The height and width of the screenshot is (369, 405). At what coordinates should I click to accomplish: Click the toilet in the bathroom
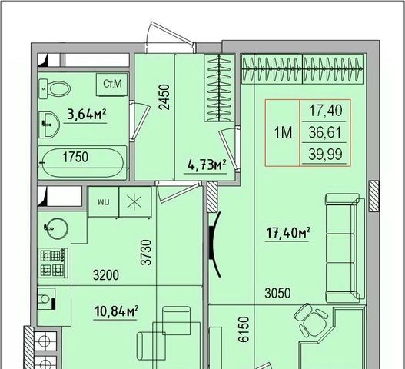tap(55, 88)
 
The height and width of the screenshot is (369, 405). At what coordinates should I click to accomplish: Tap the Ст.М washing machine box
tap(112, 85)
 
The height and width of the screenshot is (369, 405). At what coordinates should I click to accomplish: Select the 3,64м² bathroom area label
tap(87, 115)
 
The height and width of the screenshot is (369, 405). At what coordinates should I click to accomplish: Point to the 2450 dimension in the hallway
tap(164, 97)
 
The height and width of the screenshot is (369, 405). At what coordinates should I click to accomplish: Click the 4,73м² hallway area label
tap(207, 165)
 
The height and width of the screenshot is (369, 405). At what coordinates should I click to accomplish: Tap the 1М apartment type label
tap(283, 132)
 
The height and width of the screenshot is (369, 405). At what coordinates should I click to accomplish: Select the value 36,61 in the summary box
tap(325, 132)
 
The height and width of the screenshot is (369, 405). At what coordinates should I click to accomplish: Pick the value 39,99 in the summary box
tap(325, 154)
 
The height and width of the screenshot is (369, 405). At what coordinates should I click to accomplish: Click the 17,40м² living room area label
tap(288, 233)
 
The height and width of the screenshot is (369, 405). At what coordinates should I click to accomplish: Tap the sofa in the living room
tap(345, 248)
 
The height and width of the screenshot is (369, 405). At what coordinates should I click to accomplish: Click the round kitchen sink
tap(56, 228)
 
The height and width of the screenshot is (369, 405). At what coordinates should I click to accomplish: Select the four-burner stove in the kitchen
tap(53, 263)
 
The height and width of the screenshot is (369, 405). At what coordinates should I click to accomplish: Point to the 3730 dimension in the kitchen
tap(146, 252)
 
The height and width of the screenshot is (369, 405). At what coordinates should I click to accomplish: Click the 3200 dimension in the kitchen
tap(106, 275)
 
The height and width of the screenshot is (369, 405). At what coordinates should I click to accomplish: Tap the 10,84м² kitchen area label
tap(117, 311)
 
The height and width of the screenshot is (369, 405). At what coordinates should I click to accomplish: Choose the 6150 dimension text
tap(244, 330)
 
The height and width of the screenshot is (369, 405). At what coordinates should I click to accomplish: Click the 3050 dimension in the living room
tap(277, 293)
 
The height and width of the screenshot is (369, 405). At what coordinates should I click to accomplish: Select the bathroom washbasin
tap(49, 125)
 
